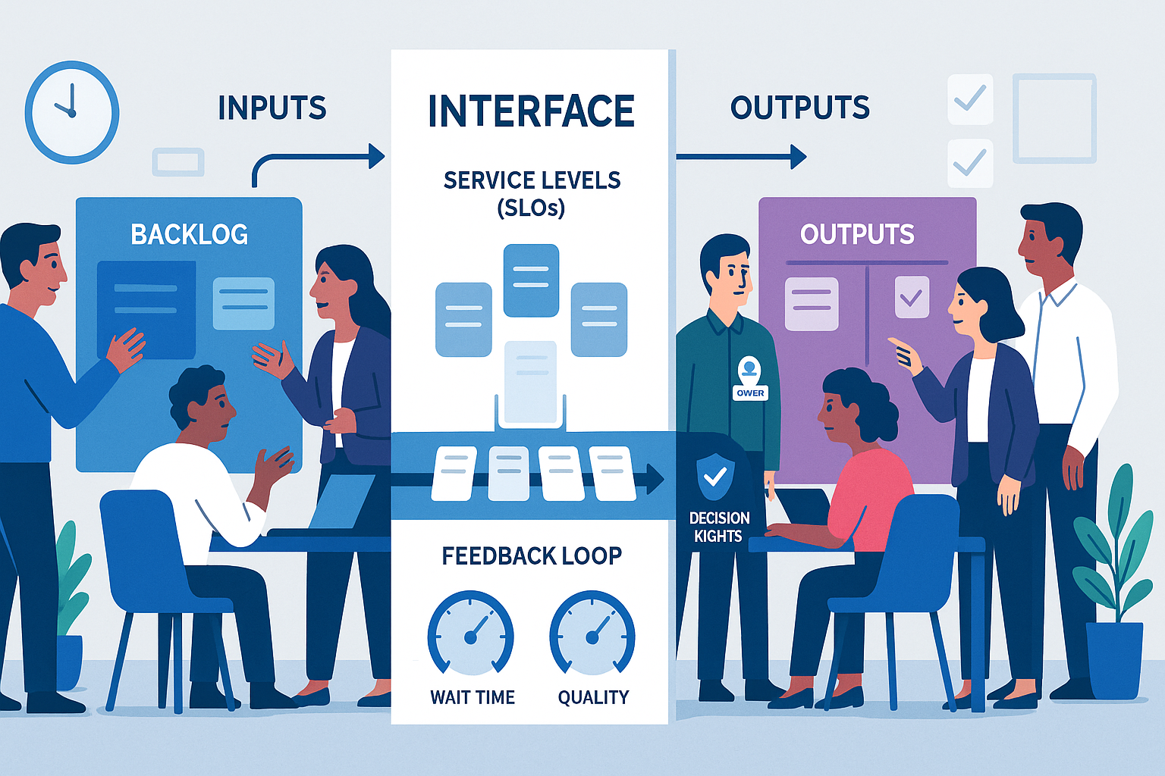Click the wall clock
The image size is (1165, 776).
click(72, 112)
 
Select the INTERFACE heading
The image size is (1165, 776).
click(531, 111)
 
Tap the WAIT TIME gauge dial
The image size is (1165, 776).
click(471, 634)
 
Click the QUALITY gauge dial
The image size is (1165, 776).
click(592, 634)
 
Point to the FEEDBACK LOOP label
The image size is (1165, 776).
click(532, 556)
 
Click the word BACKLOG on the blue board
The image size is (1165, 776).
click(190, 235)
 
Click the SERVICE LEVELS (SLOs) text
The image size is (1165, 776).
click(532, 193)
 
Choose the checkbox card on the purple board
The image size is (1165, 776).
click(912, 297)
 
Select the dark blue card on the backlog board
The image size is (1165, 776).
click(146, 307)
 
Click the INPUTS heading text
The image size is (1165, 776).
click(272, 108)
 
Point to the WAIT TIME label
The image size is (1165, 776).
click(473, 697)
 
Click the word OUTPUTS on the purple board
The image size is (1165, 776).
click(857, 235)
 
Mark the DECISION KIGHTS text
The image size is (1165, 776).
click(719, 527)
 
